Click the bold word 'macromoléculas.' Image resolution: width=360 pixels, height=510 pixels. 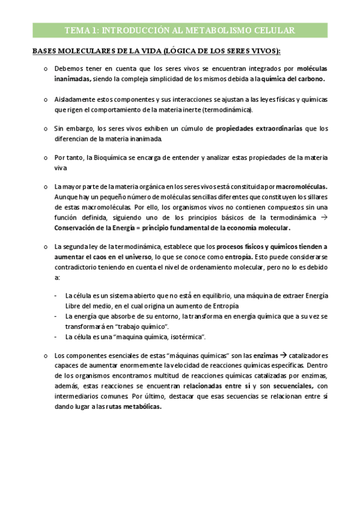[300, 187]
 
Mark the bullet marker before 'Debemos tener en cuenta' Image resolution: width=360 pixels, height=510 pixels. [45, 69]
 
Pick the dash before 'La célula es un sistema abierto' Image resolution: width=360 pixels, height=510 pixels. [56, 296]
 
